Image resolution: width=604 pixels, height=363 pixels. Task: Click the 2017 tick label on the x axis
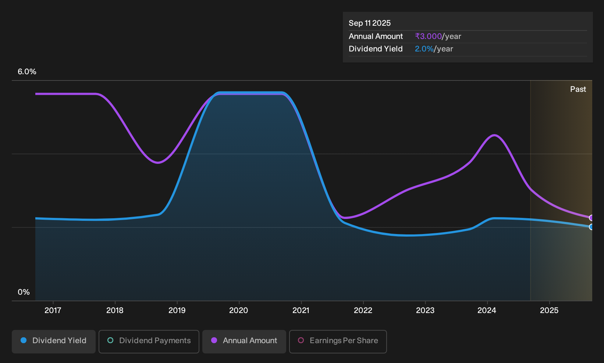tap(53, 310)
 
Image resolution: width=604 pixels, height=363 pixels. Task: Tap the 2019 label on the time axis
tap(177, 310)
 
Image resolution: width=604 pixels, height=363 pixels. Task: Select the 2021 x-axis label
tap(301, 310)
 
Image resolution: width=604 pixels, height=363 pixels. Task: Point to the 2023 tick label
tap(425, 310)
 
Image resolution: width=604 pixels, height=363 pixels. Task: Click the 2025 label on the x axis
tap(549, 310)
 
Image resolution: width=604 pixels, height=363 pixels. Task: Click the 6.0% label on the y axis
tap(27, 72)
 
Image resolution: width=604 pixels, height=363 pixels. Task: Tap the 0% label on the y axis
tap(24, 292)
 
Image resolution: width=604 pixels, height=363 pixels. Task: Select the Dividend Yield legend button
tap(54, 341)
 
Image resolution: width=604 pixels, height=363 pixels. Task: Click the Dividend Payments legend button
tap(149, 341)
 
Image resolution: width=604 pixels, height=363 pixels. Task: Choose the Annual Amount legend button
tap(244, 341)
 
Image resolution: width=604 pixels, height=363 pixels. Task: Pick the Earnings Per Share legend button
tap(338, 341)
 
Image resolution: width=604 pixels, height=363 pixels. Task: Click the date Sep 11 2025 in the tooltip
tap(370, 23)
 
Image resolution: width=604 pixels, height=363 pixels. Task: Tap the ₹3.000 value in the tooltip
tap(429, 36)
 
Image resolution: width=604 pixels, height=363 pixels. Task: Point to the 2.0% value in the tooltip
tap(424, 49)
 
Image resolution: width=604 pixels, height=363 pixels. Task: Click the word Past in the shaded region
tap(578, 89)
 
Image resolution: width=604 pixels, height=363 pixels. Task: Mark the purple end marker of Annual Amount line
tap(591, 218)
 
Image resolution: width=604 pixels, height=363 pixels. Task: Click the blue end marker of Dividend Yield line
tap(591, 227)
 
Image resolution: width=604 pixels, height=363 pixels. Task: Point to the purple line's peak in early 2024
tap(494, 135)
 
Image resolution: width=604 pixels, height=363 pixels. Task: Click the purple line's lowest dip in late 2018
tap(158, 163)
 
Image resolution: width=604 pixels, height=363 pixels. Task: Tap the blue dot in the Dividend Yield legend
tap(24, 340)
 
